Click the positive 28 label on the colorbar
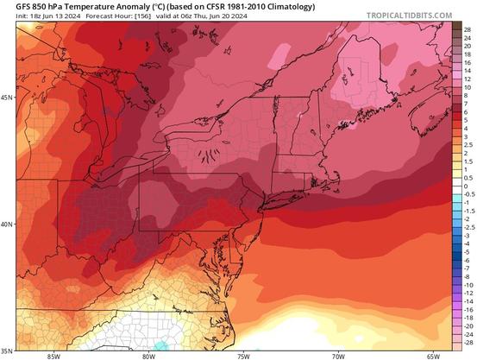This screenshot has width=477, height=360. click(467, 29)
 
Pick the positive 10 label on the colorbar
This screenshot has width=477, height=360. click(467, 87)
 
